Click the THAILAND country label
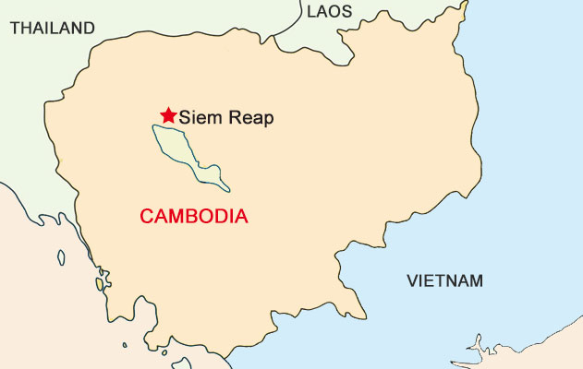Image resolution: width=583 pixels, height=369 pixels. [52, 28]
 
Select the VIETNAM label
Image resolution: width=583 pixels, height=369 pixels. [444, 280]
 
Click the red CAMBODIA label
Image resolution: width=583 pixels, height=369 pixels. [193, 217]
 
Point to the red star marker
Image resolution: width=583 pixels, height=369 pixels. [167, 115]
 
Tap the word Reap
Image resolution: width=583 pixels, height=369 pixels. [249, 118]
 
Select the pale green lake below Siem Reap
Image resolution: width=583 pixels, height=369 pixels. [181, 148]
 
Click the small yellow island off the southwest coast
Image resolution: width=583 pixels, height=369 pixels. [100, 284]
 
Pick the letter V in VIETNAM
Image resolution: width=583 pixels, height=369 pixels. [412, 280]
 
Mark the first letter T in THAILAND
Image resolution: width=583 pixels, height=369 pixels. [15, 28]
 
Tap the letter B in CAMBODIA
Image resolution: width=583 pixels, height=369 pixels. [192, 217]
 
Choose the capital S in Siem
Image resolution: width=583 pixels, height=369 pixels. [185, 117]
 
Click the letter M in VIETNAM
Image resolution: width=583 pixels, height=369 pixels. [475, 280]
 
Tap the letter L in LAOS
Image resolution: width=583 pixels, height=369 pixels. [311, 12]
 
